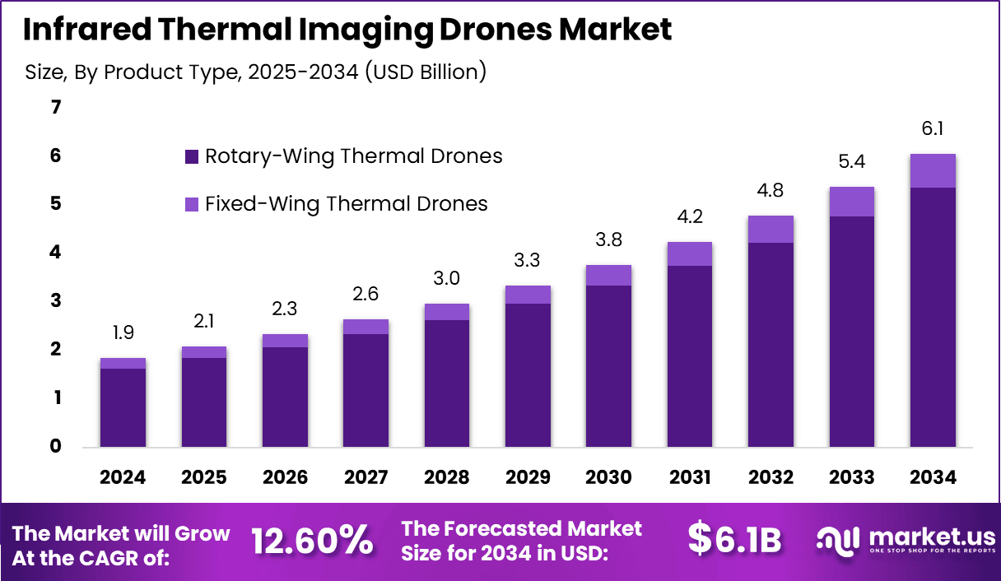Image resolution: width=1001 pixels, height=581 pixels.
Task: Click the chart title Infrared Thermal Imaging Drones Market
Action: pos(347,30)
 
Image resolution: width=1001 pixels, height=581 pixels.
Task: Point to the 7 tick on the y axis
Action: pos(56,107)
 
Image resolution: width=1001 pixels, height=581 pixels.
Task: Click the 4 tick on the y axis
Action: pos(56,253)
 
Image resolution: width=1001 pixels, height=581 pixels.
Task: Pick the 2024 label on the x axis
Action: pos(123,477)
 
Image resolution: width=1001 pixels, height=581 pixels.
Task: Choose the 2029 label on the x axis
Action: pos(528,477)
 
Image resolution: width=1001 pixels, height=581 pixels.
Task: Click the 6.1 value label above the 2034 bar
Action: pos(933,129)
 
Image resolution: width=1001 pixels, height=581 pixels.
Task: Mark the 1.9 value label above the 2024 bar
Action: pos(123,332)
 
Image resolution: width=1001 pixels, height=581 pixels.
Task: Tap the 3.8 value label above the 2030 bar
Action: pos(608,240)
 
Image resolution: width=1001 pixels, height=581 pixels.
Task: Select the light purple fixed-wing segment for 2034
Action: pos(933,170)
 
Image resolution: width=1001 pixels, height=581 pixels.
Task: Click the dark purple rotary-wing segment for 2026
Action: pos(285,397)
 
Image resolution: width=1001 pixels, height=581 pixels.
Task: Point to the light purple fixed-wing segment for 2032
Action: pos(771,229)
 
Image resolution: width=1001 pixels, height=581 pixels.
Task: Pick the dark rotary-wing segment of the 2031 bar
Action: pos(690,356)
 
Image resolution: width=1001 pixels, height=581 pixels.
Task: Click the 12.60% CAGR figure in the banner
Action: pos(312,541)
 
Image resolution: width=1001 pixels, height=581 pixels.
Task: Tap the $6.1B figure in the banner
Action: pos(733,539)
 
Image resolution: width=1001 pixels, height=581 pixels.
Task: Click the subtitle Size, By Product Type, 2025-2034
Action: pos(256,72)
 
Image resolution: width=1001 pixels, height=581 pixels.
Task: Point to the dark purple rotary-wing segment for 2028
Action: pos(447,383)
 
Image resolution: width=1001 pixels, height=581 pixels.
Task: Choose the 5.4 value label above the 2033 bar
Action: pos(852,162)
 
